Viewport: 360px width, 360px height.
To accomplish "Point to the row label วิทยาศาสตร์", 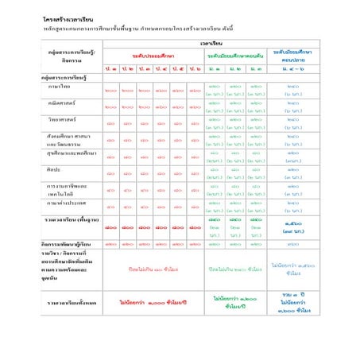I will [x=64, y=120].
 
